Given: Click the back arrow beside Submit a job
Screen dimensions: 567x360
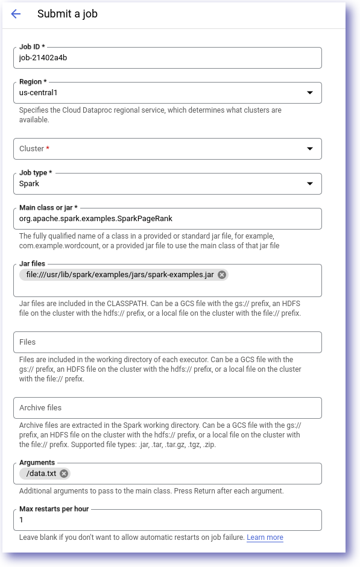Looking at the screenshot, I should tap(16, 14).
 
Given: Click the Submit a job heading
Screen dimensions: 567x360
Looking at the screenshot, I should tap(67, 14).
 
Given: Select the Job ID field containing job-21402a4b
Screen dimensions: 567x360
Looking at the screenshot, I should tap(167, 58).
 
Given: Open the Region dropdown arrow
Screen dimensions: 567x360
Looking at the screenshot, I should tap(310, 93).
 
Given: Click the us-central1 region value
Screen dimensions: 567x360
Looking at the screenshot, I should tap(38, 93).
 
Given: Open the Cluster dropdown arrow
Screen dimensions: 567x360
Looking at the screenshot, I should tap(310, 149).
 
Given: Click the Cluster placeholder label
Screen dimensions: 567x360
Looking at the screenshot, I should tap(32, 149).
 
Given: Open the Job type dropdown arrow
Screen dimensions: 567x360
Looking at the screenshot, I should tap(310, 184).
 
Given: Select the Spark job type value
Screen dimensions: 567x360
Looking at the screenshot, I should tap(29, 184).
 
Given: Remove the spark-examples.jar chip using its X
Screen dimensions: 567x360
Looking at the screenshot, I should tap(222, 275).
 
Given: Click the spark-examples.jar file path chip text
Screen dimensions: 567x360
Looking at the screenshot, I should tap(120, 275).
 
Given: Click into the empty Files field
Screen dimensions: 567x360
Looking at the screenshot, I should tap(167, 342).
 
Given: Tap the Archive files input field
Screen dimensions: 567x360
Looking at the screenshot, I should tap(167, 408).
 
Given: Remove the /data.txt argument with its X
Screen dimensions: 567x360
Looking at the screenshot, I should tap(64, 474).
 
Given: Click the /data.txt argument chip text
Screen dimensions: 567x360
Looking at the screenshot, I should tap(41, 474).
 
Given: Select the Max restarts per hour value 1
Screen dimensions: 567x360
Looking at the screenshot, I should tap(22, 520).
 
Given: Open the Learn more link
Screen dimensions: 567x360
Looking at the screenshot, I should tap(265, 537).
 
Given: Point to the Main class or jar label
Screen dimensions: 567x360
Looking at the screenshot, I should tap(48, 208).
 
